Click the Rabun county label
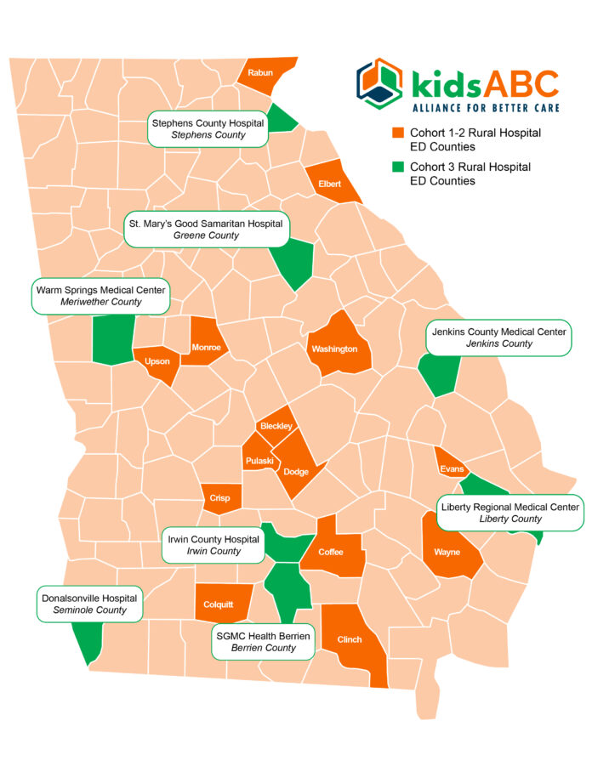pyautogui.click(x=260, y=73)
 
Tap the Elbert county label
pyautogui.click(x=329, y=184)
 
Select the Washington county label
pyautogui.click(x=334, y=349)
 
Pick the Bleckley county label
pyautogui.click(x=276, y=425)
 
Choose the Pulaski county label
pyautogui.click(x=259, y=461)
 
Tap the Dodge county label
pyautogui.click(x=296, y=472)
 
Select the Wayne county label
pyautogui.click(x=447, y=552)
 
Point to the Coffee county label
pyautogui.click(x=331, y=552)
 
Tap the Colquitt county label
pyautogui.click(x=219, y=604)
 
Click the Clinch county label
pyautogui.click(x=350, y=639)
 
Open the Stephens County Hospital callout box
pyautogui.click(x=208, y=128)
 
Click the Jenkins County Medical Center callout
pyautogui.click(x=499, y=337)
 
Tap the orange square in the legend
pyautogui.click(x=396, y=133)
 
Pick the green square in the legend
pyautogui.click(x=396, y=167)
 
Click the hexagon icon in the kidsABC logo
pyautogui.click(x=379, y=84)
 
